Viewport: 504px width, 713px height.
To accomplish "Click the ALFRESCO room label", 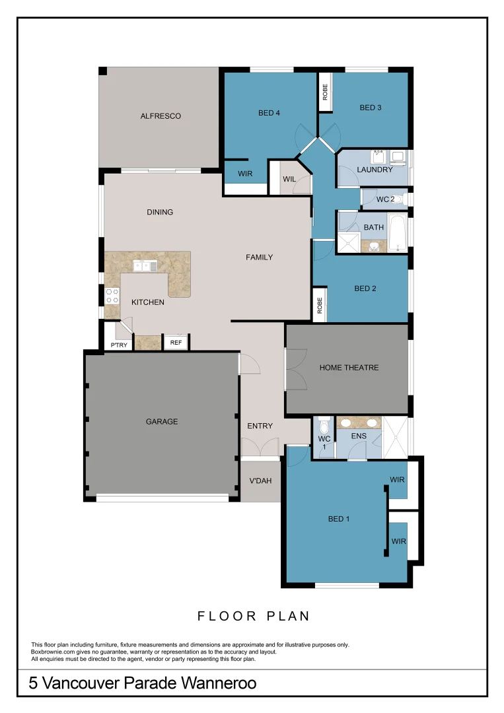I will click(x=161, y=116).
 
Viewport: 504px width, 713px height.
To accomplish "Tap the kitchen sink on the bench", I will click(x=145, y=266).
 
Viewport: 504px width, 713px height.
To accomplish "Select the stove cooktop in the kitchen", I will click(x=112, y=294).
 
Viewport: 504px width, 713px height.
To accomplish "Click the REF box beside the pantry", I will click(x=176, y=343).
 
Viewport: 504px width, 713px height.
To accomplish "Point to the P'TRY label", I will click(x=119, y=345).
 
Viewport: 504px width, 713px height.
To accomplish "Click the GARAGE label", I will click(x=162, y=421).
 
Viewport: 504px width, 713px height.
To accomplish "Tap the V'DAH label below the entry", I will click(x=260, y=481).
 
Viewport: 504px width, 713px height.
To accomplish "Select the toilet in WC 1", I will click(x=324, y=425).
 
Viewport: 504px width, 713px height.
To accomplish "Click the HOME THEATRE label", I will click(x=349, y=368).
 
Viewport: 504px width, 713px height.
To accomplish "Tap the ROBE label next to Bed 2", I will click(x=319, y=305).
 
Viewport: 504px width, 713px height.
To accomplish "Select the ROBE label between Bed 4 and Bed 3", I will click(x=324, y=92).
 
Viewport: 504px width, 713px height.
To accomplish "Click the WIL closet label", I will click(x=289, y=179).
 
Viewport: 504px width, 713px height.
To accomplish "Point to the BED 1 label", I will click(x=339, y=519).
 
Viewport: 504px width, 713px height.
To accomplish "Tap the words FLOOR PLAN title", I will click(x=254, y=616).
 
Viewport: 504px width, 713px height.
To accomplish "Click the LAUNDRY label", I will click(x=375, y=170).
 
